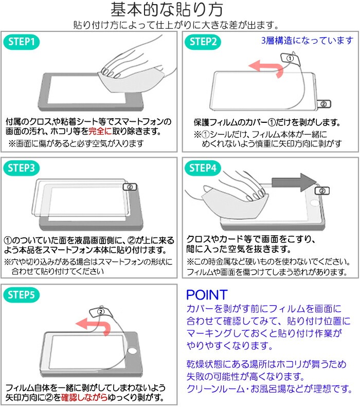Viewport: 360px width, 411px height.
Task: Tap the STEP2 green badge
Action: click(x=204, y=43)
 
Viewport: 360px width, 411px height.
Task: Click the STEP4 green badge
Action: click(x=204, y=168)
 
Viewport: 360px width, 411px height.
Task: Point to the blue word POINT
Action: click(x=206, y=295)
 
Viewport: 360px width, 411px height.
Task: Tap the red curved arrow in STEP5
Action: click(x=92, y=325)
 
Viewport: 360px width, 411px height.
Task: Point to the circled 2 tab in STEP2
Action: click(x=323, y=103)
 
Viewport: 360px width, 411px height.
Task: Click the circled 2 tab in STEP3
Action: click(x=130, y=187)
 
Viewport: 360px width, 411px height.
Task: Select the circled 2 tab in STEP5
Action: click(x=101, y=311)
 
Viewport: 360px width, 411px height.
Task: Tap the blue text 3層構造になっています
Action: click(x=308, y=41)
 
